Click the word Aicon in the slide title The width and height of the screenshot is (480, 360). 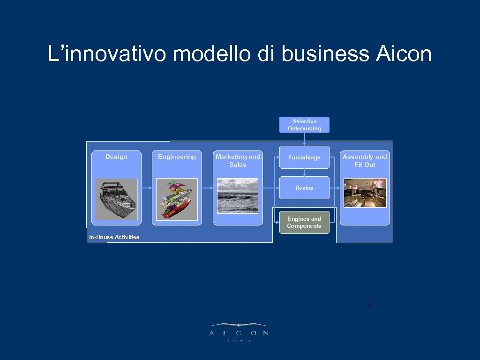pos(403,54)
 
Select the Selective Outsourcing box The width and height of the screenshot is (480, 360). pos(304,125)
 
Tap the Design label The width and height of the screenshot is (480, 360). pos(116,157)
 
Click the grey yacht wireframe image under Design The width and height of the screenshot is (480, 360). pos(116,199)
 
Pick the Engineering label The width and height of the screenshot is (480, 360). pos(177,157)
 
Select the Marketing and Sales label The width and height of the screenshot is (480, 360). pos(238,160)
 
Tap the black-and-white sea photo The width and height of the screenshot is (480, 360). pos(238,195)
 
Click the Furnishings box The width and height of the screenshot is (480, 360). pos(304,157)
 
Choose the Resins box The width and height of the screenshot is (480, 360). pos(304,187)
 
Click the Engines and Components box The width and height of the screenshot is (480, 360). pos(304,222)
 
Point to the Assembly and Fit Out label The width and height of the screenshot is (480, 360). pos(365,160)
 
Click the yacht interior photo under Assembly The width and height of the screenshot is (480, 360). pos(365,193)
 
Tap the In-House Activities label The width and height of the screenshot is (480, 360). pos(114,237)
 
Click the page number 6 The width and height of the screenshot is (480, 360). pos(369,305)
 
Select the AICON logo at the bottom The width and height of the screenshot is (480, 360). pos(239,331)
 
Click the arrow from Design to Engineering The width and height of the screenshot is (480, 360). pos(145,188)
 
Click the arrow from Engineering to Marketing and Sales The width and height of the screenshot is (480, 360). pos(206,188)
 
